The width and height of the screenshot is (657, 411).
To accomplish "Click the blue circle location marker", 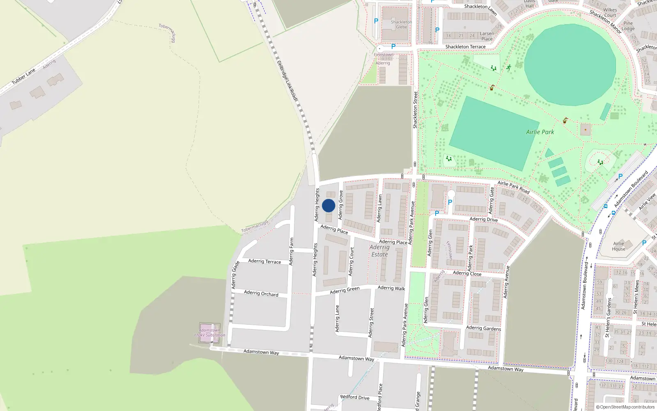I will [x=328, y=205].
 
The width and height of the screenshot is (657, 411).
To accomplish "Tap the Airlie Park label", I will [x=540, y=132].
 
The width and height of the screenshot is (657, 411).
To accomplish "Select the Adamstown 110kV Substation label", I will [x=209, y=332].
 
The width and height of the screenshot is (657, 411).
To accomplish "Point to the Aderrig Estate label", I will [x=379, y=251].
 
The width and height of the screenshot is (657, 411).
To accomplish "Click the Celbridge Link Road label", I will [x=287, y=81].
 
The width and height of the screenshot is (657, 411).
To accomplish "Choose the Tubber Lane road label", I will [x=23, y=77].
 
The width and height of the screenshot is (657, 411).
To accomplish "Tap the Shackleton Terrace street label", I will [x=465, y=47].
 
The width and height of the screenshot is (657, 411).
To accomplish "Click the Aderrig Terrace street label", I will [x=264, y=261].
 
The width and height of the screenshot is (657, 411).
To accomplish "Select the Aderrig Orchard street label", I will [x=261, y=293].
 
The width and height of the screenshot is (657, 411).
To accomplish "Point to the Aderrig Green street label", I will [x=345, y=290].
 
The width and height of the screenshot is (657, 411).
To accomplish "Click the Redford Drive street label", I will [x=355, y=397].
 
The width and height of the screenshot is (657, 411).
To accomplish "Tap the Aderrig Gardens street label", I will [x=483, y=328].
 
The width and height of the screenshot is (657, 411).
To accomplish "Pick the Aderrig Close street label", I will [x=467, y=273].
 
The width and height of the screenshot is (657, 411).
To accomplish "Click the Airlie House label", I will [x=618, y=246].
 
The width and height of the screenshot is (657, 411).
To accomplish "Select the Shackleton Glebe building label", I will [x=401, y=25].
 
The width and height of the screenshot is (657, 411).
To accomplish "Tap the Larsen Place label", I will [x=487, y=36].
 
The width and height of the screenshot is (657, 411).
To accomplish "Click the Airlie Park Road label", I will [x=513, y=187].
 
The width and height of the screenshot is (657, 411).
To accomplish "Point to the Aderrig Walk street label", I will [x=391, y=288].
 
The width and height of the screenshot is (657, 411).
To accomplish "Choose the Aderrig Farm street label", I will [x=291, y=251].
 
